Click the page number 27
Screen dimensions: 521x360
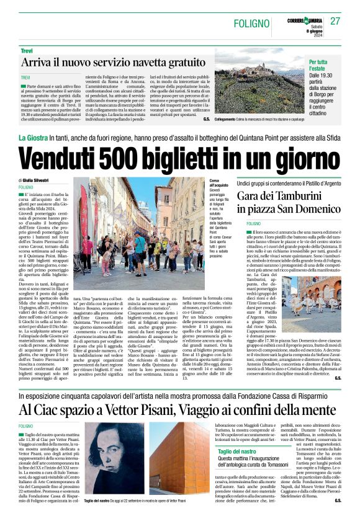[x=335, y=21]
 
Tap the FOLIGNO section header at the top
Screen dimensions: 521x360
[x=253, y=23]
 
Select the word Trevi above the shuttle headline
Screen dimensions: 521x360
[x=27, y=50]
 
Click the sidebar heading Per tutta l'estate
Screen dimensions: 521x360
[x=323, y=66]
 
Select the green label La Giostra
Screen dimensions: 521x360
[x=35, y=137]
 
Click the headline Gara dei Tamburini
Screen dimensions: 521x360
[x=276, y=196]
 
